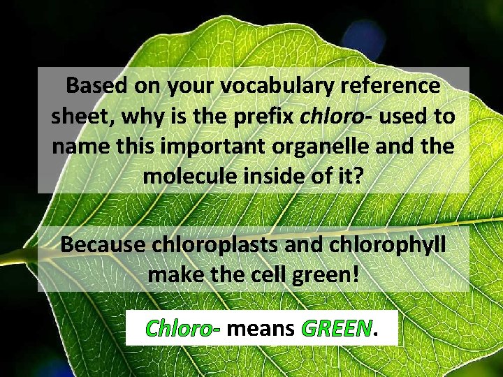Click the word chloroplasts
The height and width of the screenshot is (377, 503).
coord(217,245)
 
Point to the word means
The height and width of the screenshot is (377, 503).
coord(261,327)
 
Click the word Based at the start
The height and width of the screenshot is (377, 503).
coord(94,87)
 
